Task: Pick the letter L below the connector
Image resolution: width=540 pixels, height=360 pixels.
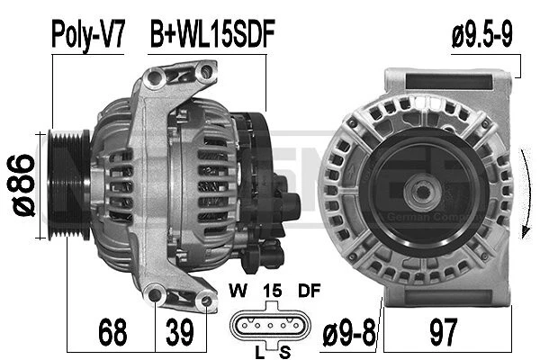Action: coord(258,349)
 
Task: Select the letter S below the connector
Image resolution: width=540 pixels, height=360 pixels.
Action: coord(284,349)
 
